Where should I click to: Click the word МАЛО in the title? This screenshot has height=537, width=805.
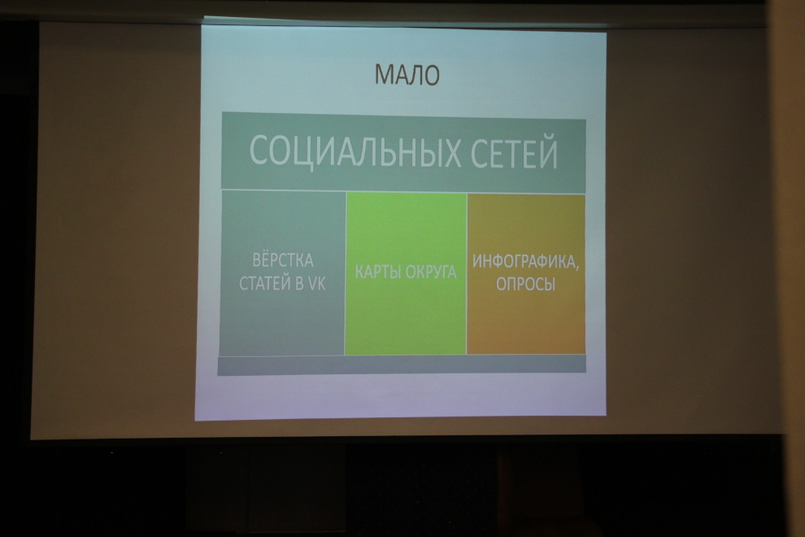407,75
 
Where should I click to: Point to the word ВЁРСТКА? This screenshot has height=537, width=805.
283,260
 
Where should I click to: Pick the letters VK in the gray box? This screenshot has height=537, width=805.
316,283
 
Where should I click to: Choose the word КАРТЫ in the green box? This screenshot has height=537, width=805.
376,272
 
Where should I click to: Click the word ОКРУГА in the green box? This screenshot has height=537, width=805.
430,272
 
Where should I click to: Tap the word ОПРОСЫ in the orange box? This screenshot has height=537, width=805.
526,284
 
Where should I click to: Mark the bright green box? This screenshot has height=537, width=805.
406,274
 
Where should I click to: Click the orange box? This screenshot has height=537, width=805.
526,274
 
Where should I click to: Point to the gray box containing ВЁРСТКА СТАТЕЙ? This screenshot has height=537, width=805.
282,273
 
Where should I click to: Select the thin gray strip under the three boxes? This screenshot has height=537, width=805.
402,365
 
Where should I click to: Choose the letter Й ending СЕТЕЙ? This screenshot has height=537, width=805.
548,151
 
